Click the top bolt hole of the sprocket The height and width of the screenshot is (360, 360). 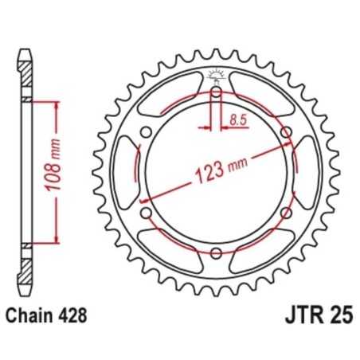click(216, 94)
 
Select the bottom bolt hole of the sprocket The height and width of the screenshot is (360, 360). click(216, 253)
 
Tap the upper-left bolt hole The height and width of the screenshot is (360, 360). click(147, 134)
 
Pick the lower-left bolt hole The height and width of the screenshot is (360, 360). click(147, 213)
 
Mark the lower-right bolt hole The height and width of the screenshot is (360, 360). click(285, 213)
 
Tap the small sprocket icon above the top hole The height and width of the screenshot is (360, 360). click(216, 76)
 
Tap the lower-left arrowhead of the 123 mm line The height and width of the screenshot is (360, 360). click(148, 209)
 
